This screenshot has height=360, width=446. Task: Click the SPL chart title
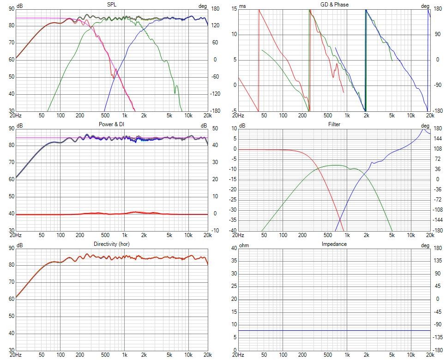(x=111, y=5)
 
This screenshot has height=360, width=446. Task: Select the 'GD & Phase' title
(x=334, y=5)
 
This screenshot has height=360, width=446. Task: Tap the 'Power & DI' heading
(x=111, y=124)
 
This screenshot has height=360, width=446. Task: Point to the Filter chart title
(x=334, y=124)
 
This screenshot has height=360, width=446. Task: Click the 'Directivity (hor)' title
(x=111, y=244)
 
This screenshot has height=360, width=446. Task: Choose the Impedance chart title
(x=334, y=244)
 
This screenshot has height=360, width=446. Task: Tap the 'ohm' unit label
(x=244, y=245)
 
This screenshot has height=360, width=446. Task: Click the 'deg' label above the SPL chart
(x=202, y=6)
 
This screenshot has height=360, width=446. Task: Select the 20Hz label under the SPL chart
(x=15, y=116)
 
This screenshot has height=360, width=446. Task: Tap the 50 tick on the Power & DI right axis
(x=215, y=128)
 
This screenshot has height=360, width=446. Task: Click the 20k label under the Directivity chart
(x=207, y=355)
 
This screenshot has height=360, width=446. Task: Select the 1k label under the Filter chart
(x=347, y=235)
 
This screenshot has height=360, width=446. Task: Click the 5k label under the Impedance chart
(x=392, y=355)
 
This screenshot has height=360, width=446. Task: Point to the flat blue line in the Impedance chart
(x=334, y=330)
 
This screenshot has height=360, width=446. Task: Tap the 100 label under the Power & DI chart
(x=60, y=235)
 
